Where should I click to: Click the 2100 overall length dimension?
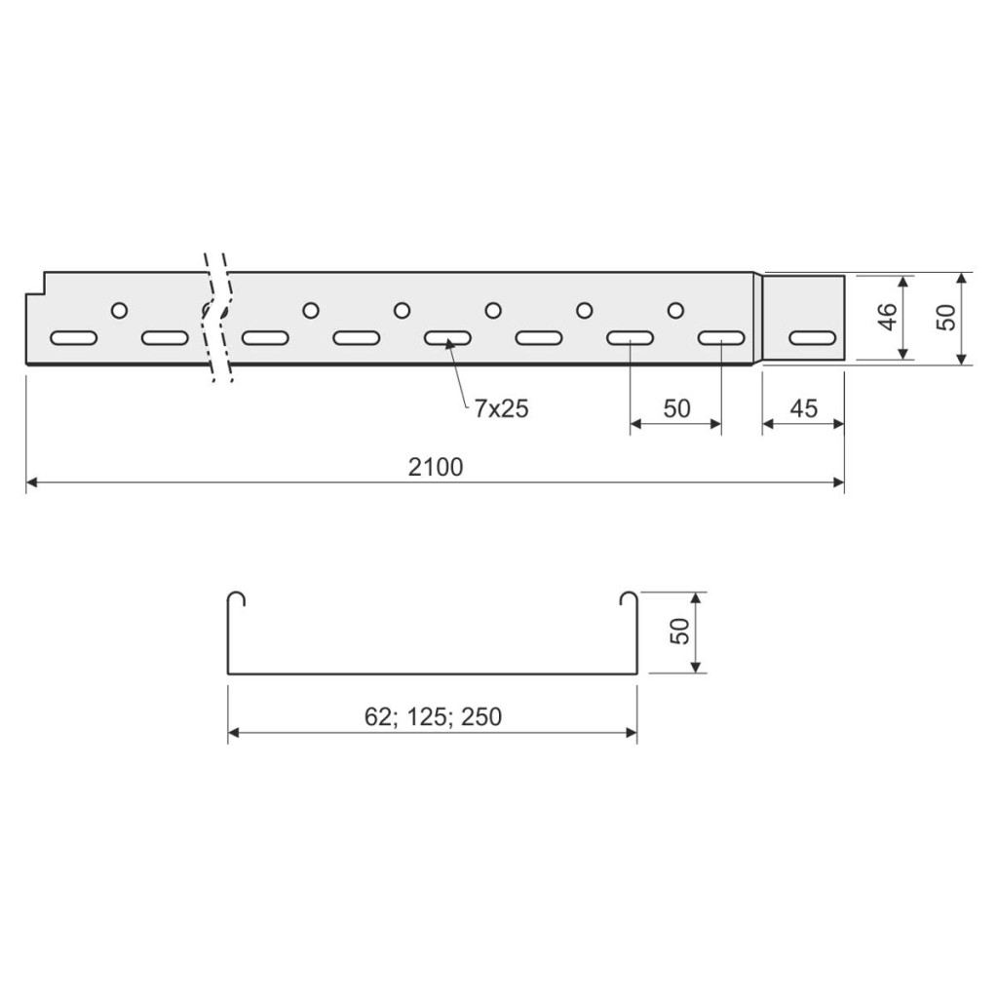pyautogui.click(x=436, y=467)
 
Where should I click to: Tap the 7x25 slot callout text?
pyautogui.click(x=501, y=408)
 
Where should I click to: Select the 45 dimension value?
pyautogui.click(x=803, y=408)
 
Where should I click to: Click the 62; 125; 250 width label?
pyautogui.click(x=433, y=716)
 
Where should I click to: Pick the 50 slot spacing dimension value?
pyautogui.click(x=676, y=408)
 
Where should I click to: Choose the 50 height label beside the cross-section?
pyautogui.click(x=679, y=632)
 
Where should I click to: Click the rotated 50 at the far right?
pyautogui.click(x=945, y=317)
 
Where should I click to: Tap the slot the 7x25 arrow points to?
pyautogui.click(x=447, y=338)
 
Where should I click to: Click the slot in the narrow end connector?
pyautogui.click(x=813, y=338)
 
